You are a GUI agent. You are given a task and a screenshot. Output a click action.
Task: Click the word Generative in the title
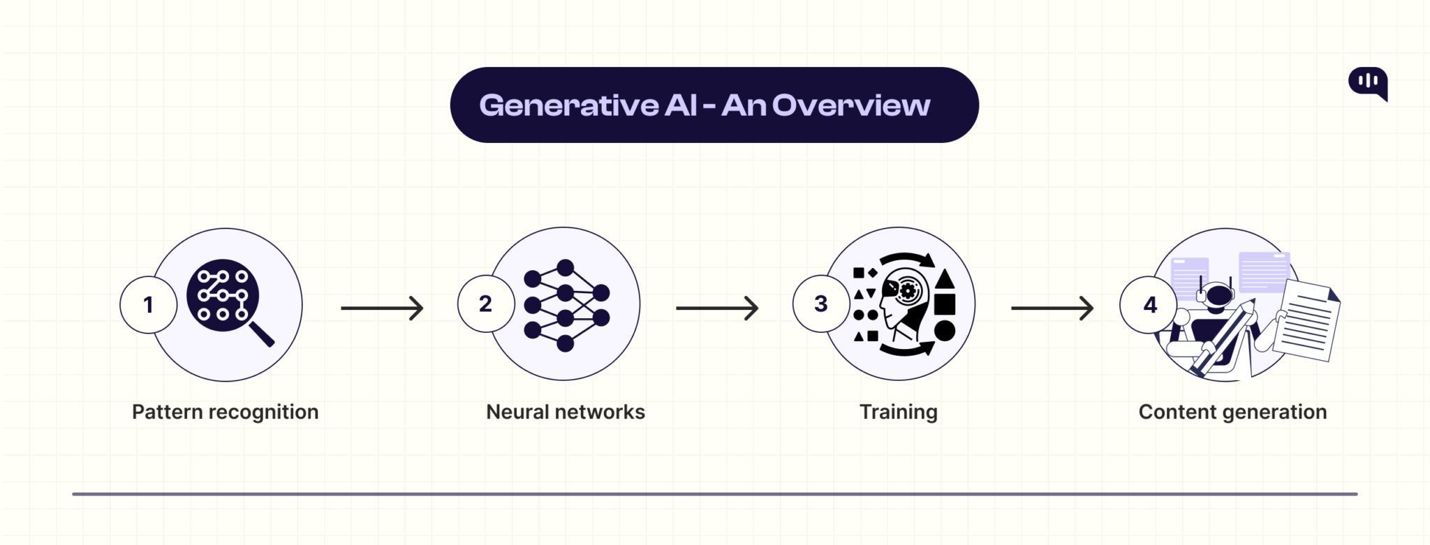pyautogui.click(x=568, y=106)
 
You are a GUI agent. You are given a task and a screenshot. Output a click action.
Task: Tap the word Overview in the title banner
pyautogui.click(x=850, y=106)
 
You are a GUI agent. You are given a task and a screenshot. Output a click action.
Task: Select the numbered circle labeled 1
pyautogui.click(x=148, y=305)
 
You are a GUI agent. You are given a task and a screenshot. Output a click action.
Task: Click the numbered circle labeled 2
pyautogui.click(x=485, y=304)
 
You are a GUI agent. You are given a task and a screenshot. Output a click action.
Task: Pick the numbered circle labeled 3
pyautogui.click(x=820, y=304)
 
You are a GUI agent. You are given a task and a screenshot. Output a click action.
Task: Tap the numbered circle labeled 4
pyautogui.click(x=1149, y=305)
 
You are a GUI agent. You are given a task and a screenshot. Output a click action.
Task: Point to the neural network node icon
pyautogui.click(x=566, y=305)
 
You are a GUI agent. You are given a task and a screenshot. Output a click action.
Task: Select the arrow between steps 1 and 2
pyautogui.click(x=382, y=308)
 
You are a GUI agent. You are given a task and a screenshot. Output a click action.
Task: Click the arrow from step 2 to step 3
pyautogui.click(x=717, y=308)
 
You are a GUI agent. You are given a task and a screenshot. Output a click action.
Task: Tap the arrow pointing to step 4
pyautogui.click(x=1052, y=308)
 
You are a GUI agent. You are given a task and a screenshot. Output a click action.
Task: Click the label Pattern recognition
pyautogui.click(x=225, y=412)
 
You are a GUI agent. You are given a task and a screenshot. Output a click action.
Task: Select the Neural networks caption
pyautogui.click(x=566, y=412)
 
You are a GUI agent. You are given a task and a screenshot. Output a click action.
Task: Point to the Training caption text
pyautogui.click(x=898, y=412)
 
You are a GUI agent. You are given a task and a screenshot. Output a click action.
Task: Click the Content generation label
pyautogui.click(x=1232, y=412)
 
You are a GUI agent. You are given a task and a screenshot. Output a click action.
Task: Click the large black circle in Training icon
pyautogui.click(x=944, y=331)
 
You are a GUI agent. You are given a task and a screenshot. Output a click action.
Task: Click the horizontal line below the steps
pyautogui.click(x=715, y=494)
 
